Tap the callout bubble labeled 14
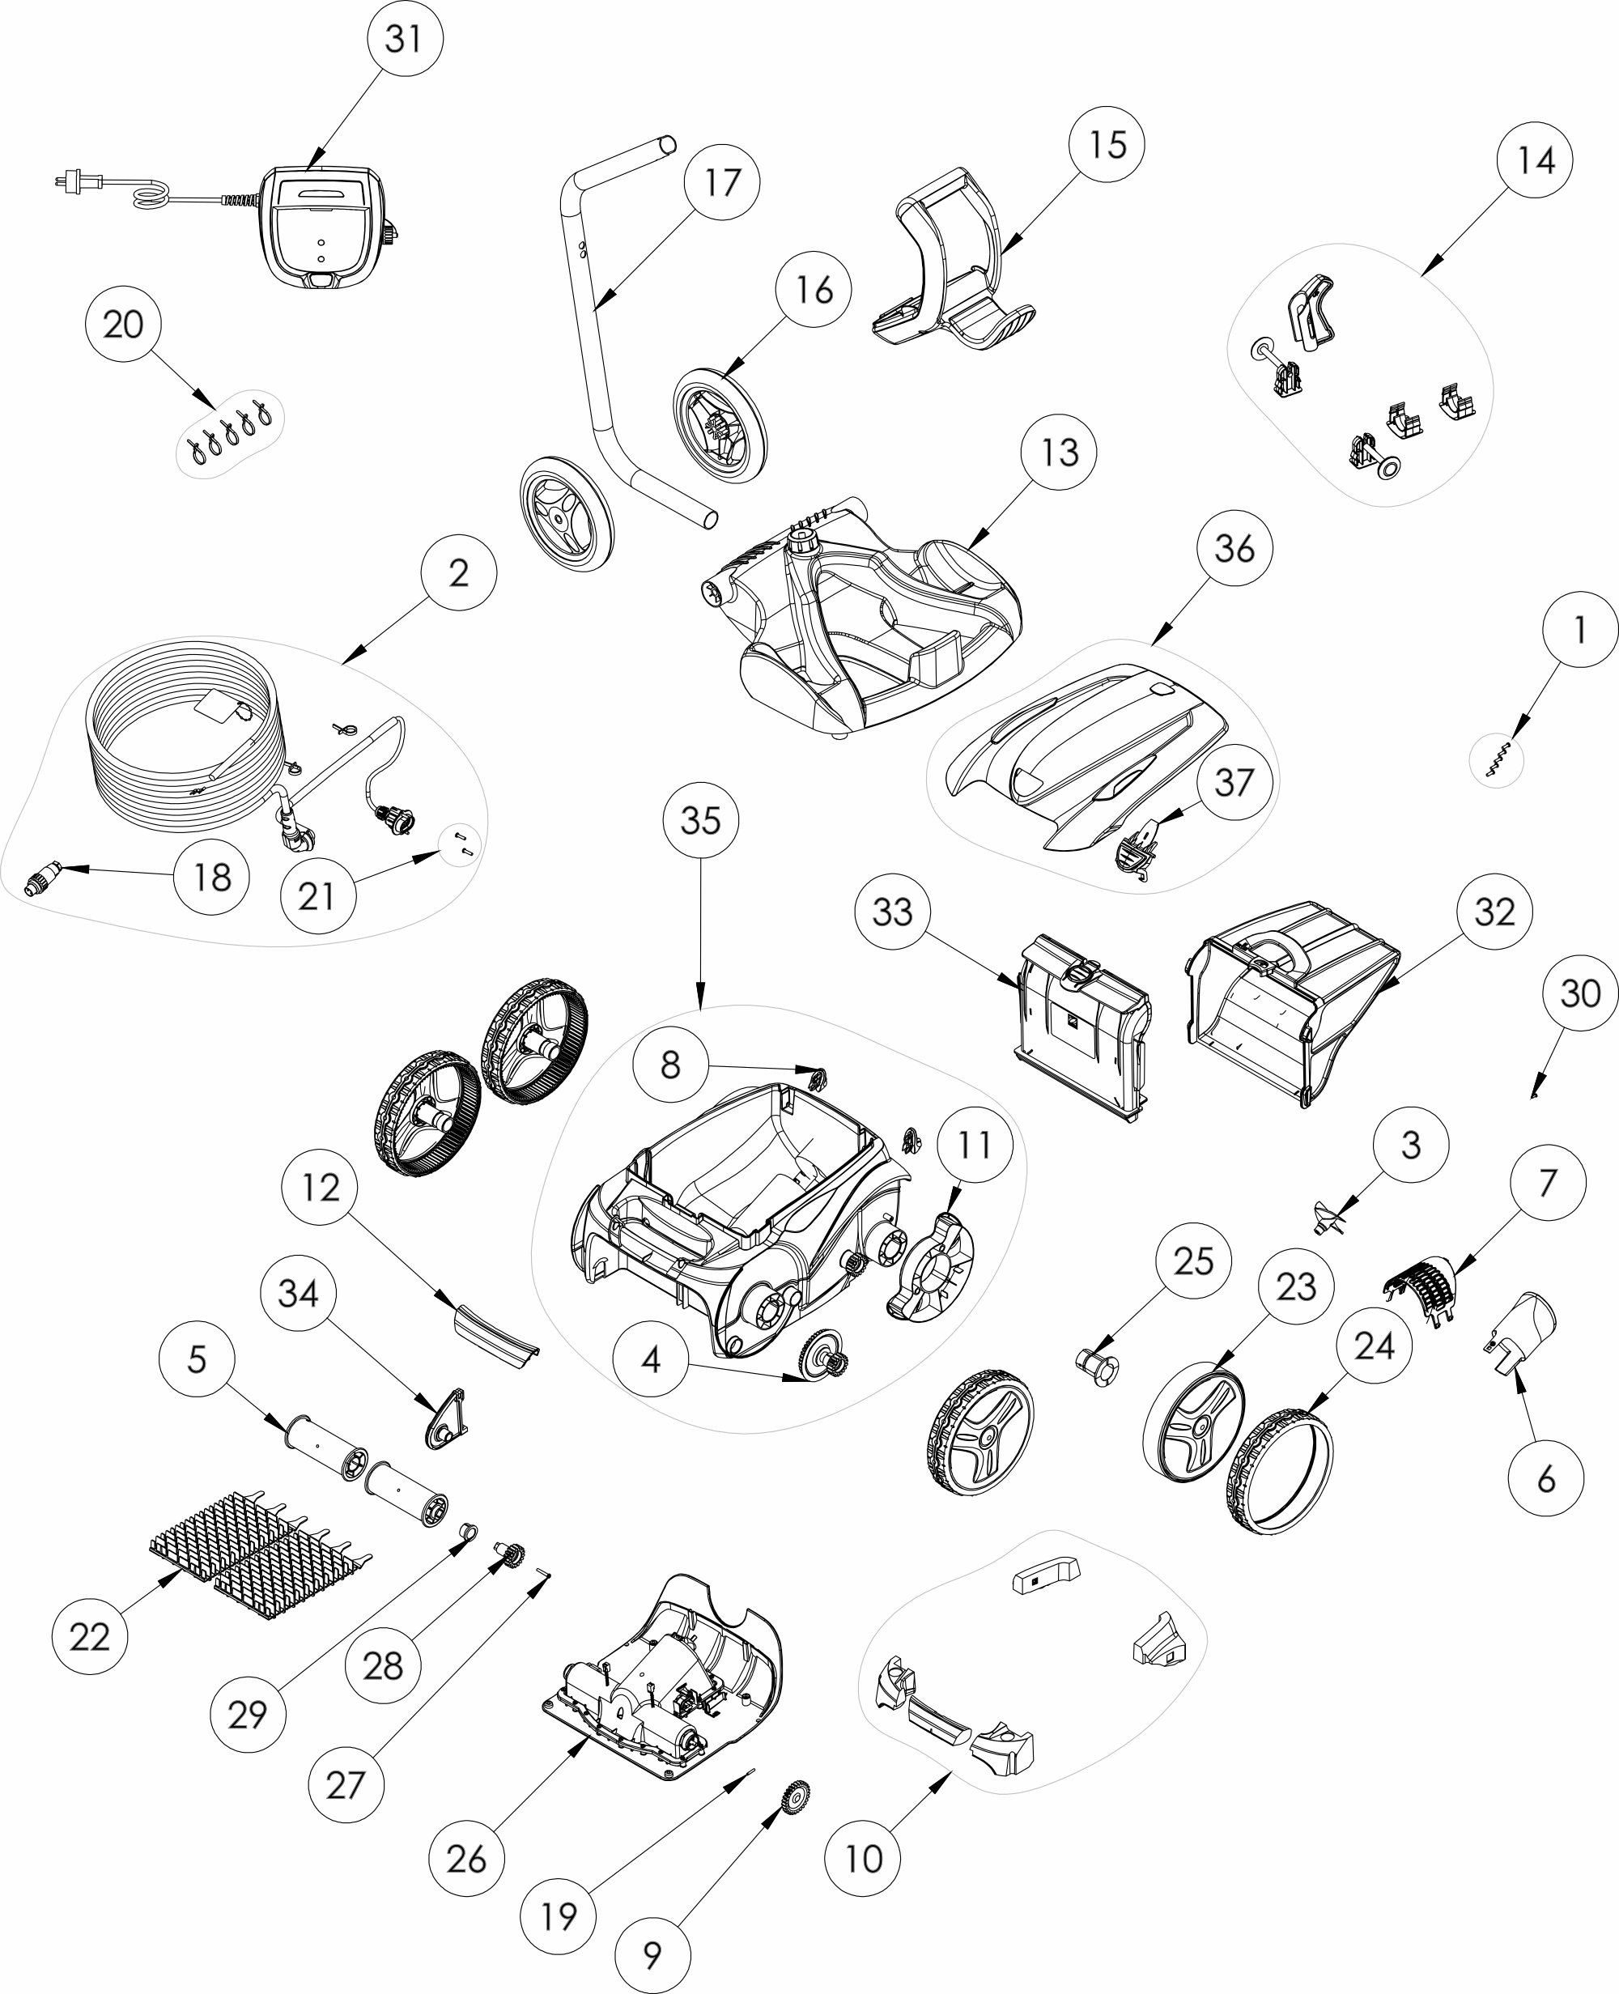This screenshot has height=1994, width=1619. point(1535,160)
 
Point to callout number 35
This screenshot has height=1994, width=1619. point(701,820)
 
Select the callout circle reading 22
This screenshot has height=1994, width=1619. point(90,1637)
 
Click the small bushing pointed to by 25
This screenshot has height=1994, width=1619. point(1098,1367)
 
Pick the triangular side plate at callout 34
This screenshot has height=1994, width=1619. point(447,1418)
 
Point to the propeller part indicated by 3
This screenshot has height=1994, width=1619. point(1331,1219)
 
